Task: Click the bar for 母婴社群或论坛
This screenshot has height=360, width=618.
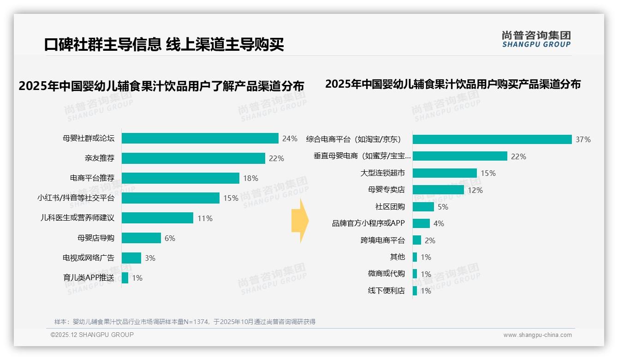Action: pos(200,138)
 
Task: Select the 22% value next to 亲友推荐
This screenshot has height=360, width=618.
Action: pos(276,158)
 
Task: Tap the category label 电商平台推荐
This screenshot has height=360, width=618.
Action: pos(92,178)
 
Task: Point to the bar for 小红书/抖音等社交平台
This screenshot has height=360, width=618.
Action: pos(171,198)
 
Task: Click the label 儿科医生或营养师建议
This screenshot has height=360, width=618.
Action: pos(77,218)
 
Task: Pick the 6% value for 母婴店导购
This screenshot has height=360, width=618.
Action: pos(170,238)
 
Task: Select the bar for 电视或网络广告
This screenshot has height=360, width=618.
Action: pos(131,258)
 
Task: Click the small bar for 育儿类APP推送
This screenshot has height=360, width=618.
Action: pos(125,278)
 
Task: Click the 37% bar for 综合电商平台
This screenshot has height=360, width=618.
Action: pos(492,139)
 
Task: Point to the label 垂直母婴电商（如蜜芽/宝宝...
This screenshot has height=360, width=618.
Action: pos(362,156)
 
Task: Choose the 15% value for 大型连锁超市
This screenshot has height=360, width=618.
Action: pos(488,173)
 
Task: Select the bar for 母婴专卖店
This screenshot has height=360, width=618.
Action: pos(438,190)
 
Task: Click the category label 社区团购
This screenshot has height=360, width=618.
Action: pos(390,207)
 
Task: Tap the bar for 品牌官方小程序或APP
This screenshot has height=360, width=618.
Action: pos(421,223)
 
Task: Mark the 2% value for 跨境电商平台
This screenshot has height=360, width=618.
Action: pos(430,240)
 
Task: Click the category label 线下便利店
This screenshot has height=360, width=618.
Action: pos(386,291)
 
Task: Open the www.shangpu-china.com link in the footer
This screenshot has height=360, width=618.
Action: pos(537,335)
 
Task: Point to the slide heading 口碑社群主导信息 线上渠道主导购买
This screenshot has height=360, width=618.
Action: pos(164,44)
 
